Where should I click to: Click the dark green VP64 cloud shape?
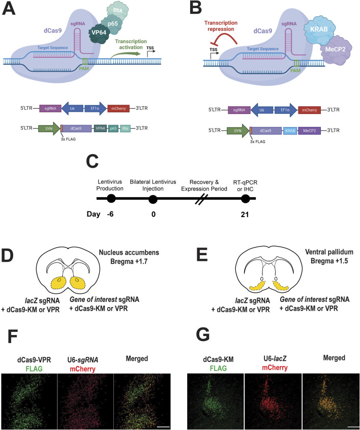coord(99,34)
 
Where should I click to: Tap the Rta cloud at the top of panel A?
coord(117,11)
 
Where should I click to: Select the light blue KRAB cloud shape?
coord(319,29)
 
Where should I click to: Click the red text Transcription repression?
coord(221,26)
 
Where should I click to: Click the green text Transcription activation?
coord(131,44)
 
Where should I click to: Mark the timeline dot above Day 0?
coord(153,199)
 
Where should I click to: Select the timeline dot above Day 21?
coord(245,199)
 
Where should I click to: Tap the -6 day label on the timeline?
coord(110,214)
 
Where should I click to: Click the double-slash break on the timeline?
coord(201,199)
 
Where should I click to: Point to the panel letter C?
coord(92,161)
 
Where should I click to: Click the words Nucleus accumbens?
coord(129,252)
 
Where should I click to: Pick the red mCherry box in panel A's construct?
coord(118,108)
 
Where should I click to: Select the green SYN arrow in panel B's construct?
coord(238,131)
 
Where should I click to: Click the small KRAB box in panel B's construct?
coord(290,131)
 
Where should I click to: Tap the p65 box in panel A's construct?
coord(113,128)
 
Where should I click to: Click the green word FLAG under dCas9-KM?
coord(219,368)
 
